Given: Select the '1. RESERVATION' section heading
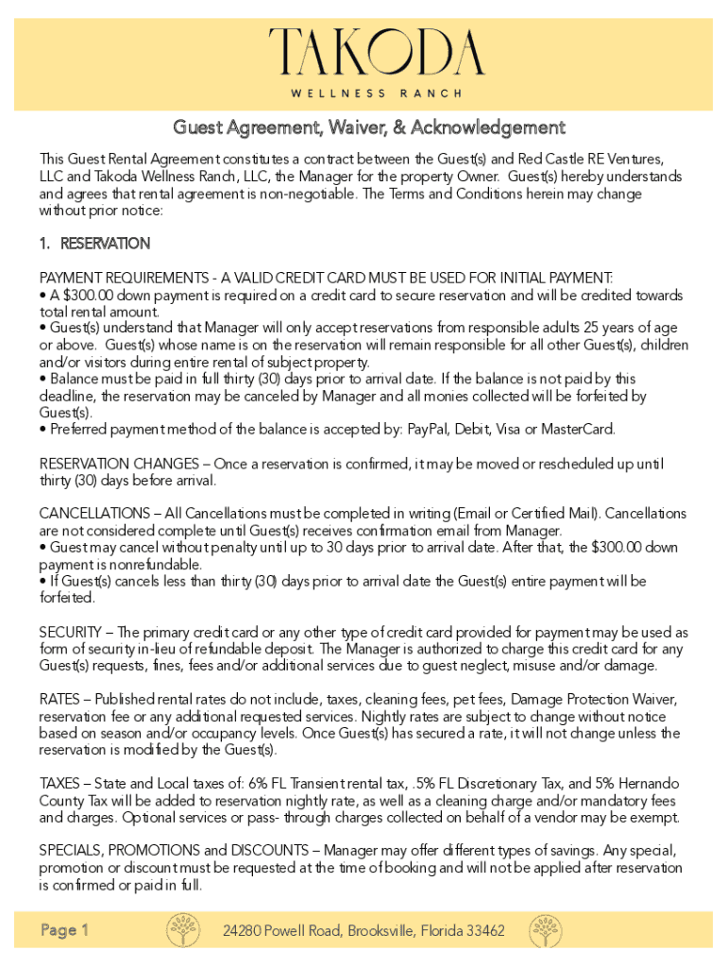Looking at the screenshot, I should tap(94, 244).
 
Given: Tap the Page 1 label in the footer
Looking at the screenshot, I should tap(65, 931).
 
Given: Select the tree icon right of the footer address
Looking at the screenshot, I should tap(546, 930).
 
